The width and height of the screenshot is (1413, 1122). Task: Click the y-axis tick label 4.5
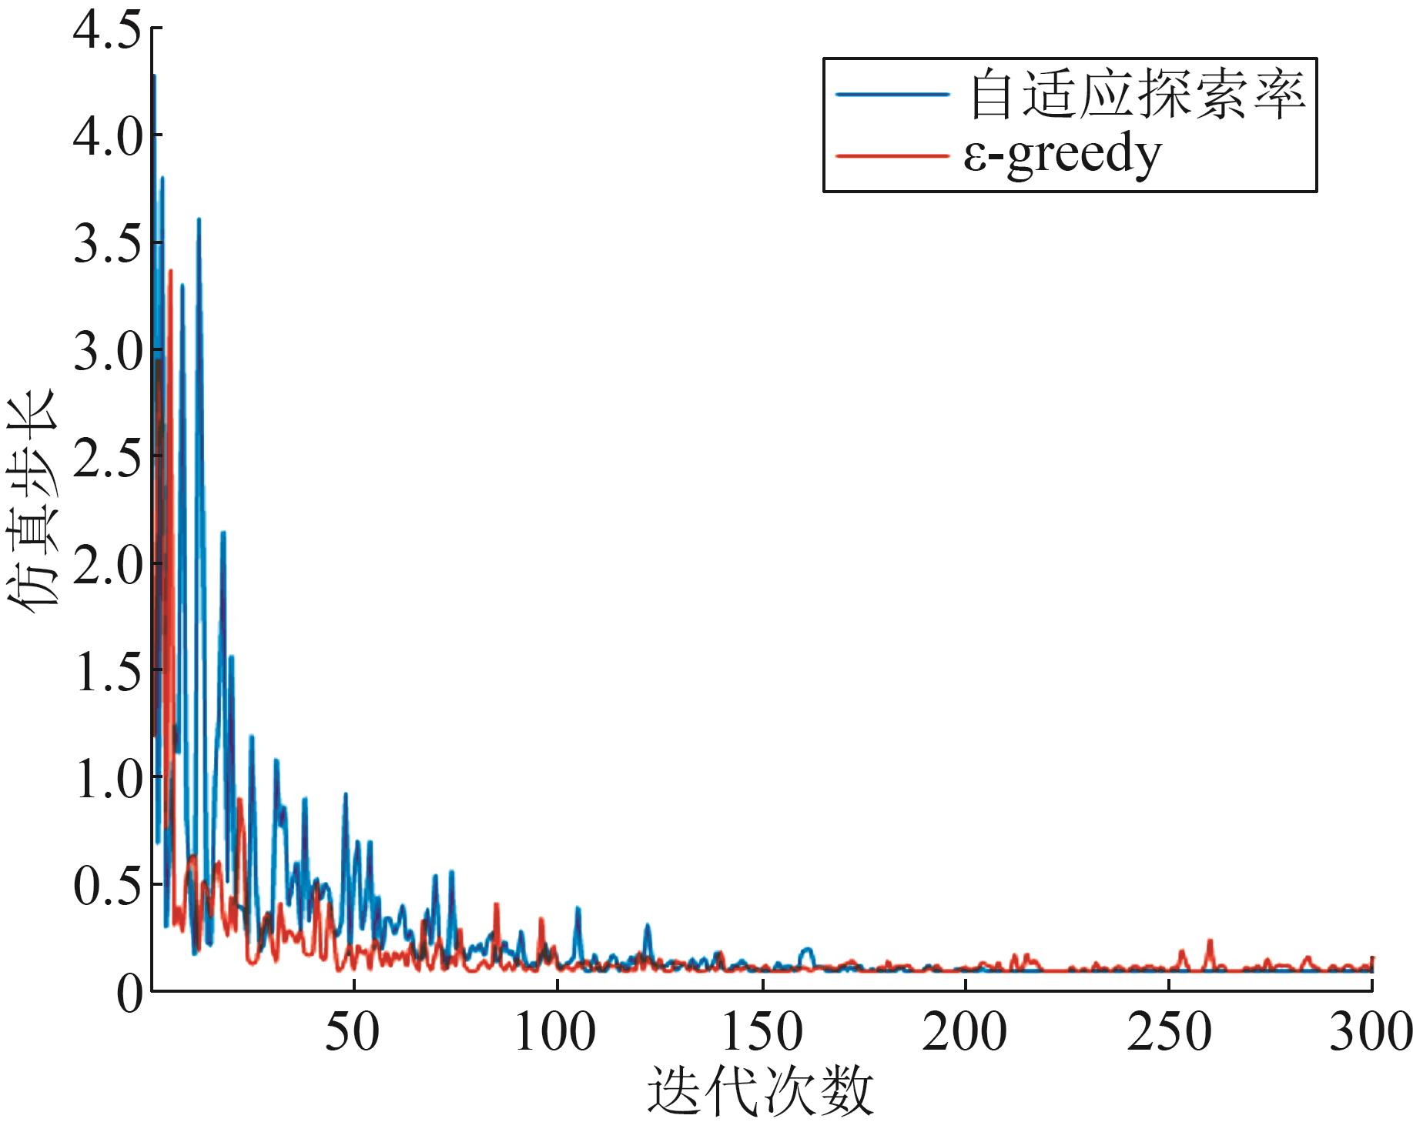(107, 32)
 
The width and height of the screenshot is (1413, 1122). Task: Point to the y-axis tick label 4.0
(107, 138)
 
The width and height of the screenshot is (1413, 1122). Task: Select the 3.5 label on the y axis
(107, 245)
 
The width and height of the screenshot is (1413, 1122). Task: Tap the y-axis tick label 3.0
(107, 352)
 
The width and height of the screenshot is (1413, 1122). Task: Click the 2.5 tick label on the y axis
(107, 459)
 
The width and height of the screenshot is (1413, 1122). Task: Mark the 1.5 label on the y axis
(107, 673)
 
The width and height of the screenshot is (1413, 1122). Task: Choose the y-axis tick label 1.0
(107, 780)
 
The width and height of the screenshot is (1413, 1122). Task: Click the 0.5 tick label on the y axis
(107, 887)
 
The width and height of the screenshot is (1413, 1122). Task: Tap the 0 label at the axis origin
(129, 993)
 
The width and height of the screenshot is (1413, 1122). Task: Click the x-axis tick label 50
(352, 1032)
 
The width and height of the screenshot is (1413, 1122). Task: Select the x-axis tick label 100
(554, 1032)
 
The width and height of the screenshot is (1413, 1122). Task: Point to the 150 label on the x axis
(761, 1032)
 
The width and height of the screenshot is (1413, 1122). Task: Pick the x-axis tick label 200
(964, 1032)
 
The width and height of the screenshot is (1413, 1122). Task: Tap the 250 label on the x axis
(1168, 1032)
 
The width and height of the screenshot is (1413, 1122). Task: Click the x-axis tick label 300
(1371, 1032)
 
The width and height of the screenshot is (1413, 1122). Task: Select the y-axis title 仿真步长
(32, 501)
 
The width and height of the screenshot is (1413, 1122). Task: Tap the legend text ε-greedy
(1062, 156)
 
